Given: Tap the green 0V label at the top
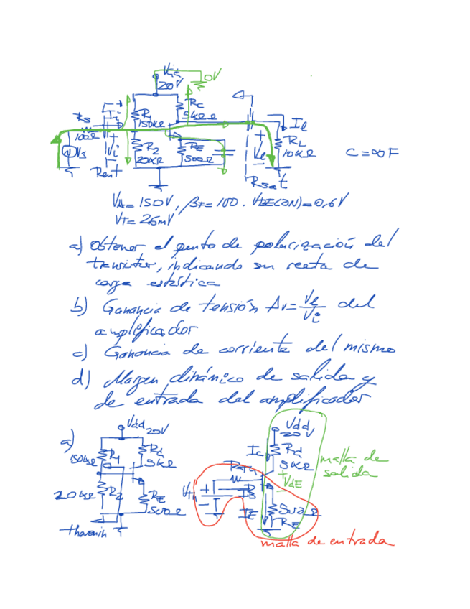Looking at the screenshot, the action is click(213, 75).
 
